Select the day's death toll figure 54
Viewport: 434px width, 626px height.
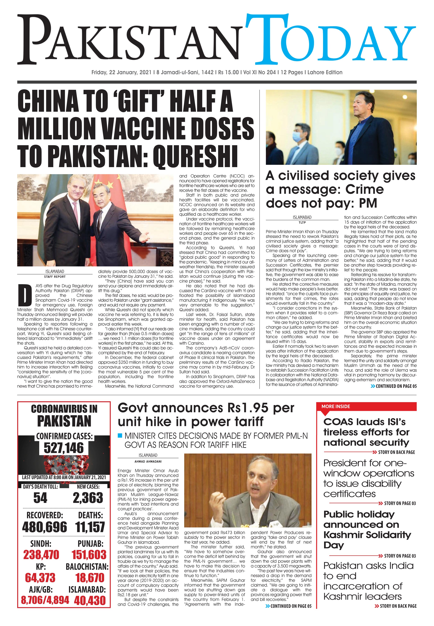(x=40, y=498)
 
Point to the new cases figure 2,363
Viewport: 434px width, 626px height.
(x=88, y=498)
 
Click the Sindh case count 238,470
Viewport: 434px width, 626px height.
(x=41, y=555)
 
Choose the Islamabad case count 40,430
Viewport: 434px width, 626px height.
(x=90, y=600)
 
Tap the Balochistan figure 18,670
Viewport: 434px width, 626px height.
(x=90, y=578)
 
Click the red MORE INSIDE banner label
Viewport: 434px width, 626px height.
(x=336, y=406)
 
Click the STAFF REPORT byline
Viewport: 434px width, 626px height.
(x=55, y=277)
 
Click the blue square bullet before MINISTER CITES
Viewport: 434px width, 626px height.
(x=120, y=436)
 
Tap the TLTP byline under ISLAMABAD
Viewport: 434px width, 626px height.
(x=302, y=222)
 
